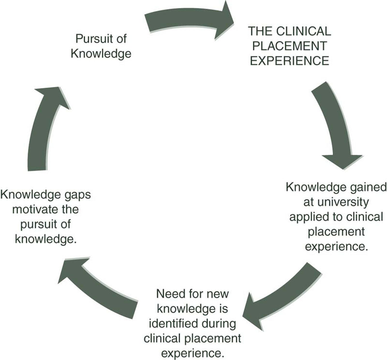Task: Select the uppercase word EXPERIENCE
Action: point(289,61)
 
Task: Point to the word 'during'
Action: point(210,323)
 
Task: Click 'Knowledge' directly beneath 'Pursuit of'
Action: point(101,53)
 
